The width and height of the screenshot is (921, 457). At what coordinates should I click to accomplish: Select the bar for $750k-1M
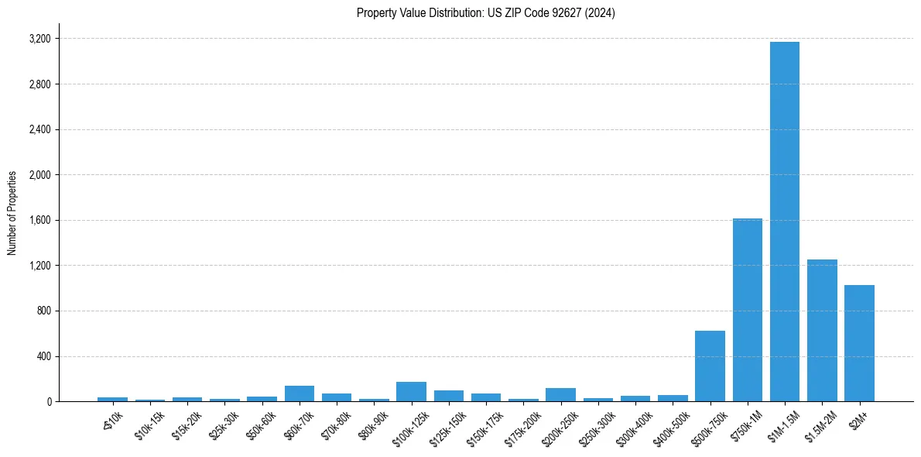pyautogui.click(x=747, y=310)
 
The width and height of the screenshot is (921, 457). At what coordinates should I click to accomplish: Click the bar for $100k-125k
pyautogui.click(x=411, y=392)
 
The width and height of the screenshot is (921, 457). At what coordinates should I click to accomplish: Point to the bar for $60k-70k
pyautogui.click(x=300, y=393)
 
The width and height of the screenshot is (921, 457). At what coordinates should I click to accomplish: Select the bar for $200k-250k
pyautogui.click(x=560, y=395)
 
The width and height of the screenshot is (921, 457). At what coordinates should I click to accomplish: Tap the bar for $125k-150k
pyautogui.click(x=448, y=396)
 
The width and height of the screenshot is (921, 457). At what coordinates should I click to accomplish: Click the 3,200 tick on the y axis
pyautogui.click(x=39, y=39)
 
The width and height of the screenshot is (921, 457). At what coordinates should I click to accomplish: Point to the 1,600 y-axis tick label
pyautogui.click(x=39, y=220)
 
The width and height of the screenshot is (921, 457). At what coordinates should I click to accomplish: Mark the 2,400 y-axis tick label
pyautogui.click(x=39, y=129)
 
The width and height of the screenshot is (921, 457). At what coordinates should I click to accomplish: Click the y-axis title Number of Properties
pyautogui.click(x=12, y=213)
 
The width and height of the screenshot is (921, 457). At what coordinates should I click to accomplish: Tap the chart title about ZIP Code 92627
pyautogui.click(x=485, y=12)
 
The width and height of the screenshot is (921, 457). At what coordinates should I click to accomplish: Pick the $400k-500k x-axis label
pyautogui.click(x=669, y=427)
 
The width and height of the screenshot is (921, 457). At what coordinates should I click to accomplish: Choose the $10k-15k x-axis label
pyautogui.click(x=149, y=425)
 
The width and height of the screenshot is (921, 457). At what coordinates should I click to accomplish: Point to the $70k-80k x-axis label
pyautogui.click(x=335, y=425)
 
